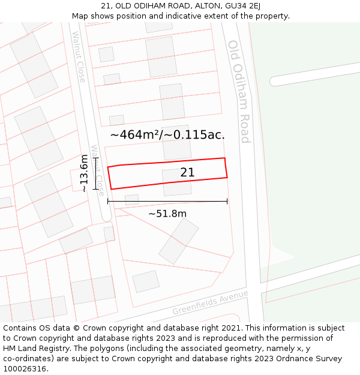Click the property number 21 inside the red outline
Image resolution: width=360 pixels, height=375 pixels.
tap(187, 173)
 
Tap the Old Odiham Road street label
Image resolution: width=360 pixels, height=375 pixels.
tap(238, 91)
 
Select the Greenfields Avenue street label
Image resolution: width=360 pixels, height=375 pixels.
tap(209, 303)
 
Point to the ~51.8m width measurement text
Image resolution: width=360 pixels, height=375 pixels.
tap(167, 214)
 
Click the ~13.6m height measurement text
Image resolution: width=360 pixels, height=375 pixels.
tap(84, 173)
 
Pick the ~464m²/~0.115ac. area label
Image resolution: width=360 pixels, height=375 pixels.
tap(167, 135)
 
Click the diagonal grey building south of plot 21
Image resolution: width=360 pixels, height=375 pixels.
tap(178, 241)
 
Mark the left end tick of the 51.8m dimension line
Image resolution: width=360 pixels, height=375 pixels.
tap(108, 201)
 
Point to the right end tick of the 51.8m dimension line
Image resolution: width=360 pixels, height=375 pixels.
tap(227, 201)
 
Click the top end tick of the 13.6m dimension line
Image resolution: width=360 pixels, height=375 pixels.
tap(95, 158)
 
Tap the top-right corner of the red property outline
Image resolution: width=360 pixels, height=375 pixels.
tap(224, 158)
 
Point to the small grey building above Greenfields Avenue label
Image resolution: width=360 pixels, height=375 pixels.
tap(146, 281)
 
